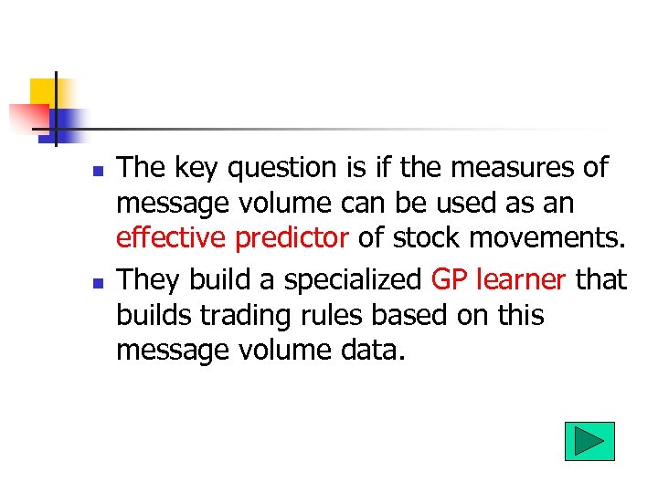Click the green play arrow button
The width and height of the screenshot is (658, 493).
[x=589, y=441]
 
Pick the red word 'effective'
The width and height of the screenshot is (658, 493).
[x=172, y=238]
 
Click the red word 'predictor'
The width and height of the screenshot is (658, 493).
[x=292, y=238]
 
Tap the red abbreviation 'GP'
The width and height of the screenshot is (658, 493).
[x=451, y=278]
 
